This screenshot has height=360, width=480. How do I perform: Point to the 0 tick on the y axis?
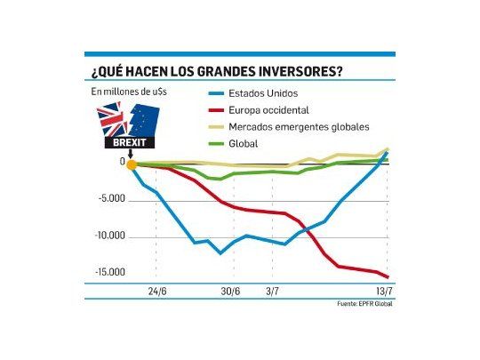coord(123,162)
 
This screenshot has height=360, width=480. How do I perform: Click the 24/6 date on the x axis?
coord(157,292)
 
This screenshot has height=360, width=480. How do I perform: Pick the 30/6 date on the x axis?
coord(230,292)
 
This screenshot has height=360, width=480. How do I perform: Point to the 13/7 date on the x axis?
coord(384,292)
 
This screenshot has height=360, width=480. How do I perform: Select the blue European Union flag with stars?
coord(145,118)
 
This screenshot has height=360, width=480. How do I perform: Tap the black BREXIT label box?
coord(130,141)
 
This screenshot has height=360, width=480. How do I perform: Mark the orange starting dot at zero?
coord(131,164)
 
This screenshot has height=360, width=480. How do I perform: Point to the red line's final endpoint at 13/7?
coord(388,277)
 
